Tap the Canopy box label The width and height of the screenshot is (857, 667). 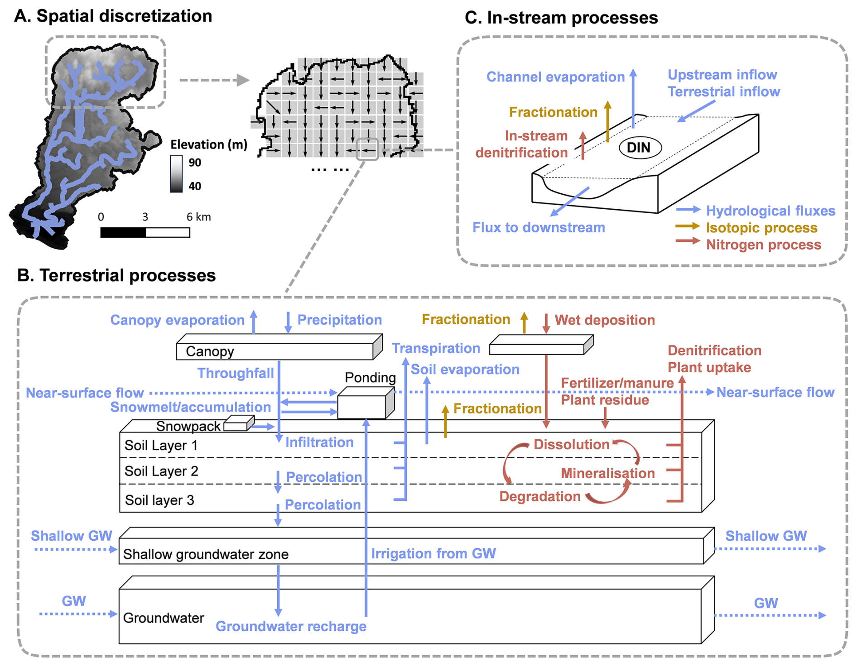[210, 351]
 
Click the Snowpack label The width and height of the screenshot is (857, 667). [188, 426]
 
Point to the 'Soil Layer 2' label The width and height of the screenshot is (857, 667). [161, 471]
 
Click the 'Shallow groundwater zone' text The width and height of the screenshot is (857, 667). [206, 554]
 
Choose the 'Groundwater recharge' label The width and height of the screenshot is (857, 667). [291, 626]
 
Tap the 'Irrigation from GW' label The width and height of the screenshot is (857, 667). [433, 553]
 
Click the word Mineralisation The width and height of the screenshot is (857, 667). [608, 473]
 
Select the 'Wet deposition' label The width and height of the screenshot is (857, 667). [605, 320]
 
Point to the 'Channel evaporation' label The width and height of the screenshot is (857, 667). [555, 77]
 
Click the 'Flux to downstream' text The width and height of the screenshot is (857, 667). [539, 227]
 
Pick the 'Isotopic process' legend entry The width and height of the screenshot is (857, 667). [761, 228]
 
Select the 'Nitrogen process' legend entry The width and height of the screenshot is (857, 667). [763, 245]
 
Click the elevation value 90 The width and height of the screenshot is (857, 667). [195, 163]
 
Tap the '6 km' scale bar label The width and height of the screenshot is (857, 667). [198, 217]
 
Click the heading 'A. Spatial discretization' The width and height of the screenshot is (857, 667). [113, 16]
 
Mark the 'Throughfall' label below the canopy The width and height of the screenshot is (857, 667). [236, 373]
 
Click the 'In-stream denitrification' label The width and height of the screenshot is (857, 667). [522, 144]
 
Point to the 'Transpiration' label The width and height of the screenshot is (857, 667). [436, 348]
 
